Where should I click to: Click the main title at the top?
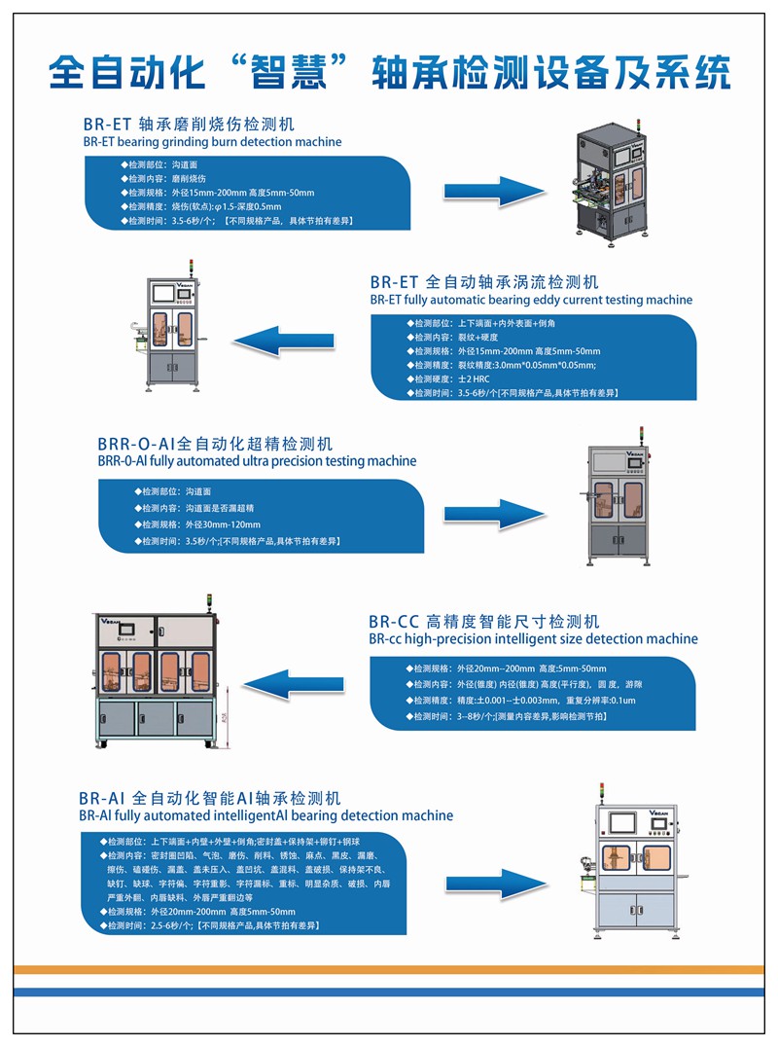389,73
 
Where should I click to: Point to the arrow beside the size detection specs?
291,684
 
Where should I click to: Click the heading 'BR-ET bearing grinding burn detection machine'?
212,142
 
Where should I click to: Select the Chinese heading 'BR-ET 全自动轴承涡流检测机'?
484,282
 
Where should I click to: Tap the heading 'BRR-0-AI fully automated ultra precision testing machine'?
257,460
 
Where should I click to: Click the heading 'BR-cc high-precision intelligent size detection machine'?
533,639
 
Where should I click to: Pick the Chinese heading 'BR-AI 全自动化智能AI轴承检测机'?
210,798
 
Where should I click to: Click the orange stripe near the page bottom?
389,970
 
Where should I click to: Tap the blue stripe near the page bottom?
389,992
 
